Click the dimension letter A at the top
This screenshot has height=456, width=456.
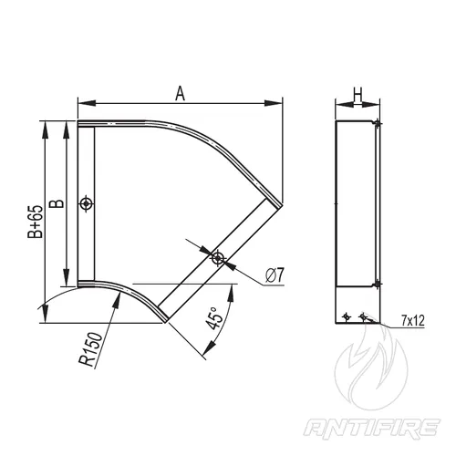point(180,93)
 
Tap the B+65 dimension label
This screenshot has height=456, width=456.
point(36,222)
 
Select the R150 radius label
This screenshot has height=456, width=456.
point(90,349)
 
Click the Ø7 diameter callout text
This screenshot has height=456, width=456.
point(275,275)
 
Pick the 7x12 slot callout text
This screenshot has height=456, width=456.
point(412,321)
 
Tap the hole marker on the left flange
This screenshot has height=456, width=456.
point(87,203)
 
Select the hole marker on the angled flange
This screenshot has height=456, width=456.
point(218,258)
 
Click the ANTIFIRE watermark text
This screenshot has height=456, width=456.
point(372,429)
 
